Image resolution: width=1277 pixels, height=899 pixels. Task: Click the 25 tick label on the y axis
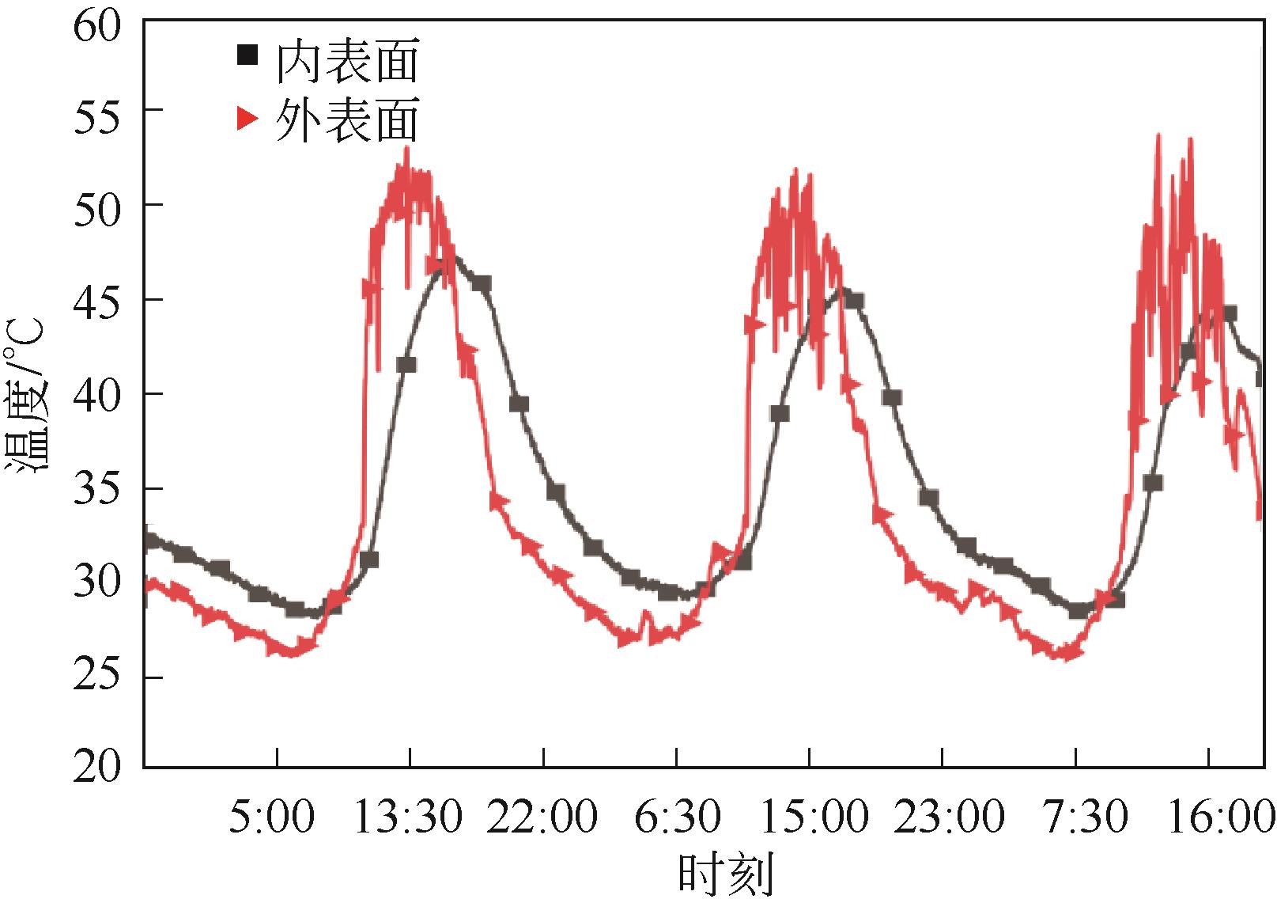(x=97, y=678)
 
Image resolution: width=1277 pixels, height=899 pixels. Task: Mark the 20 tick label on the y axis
(x=97, y=766)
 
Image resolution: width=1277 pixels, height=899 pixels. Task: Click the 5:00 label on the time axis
(x=271, y=816)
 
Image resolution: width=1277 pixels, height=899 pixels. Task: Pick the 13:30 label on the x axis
(x=406, y=816)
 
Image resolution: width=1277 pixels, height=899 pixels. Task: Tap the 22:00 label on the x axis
(x=542, y=816)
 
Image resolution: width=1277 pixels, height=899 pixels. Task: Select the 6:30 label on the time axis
(x=677, y=816)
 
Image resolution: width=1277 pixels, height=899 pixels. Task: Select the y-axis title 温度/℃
(x=29, y=393)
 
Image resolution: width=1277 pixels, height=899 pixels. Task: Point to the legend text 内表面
(x=346, y=61)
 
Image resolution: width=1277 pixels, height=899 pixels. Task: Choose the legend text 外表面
(x=346, y=121)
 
